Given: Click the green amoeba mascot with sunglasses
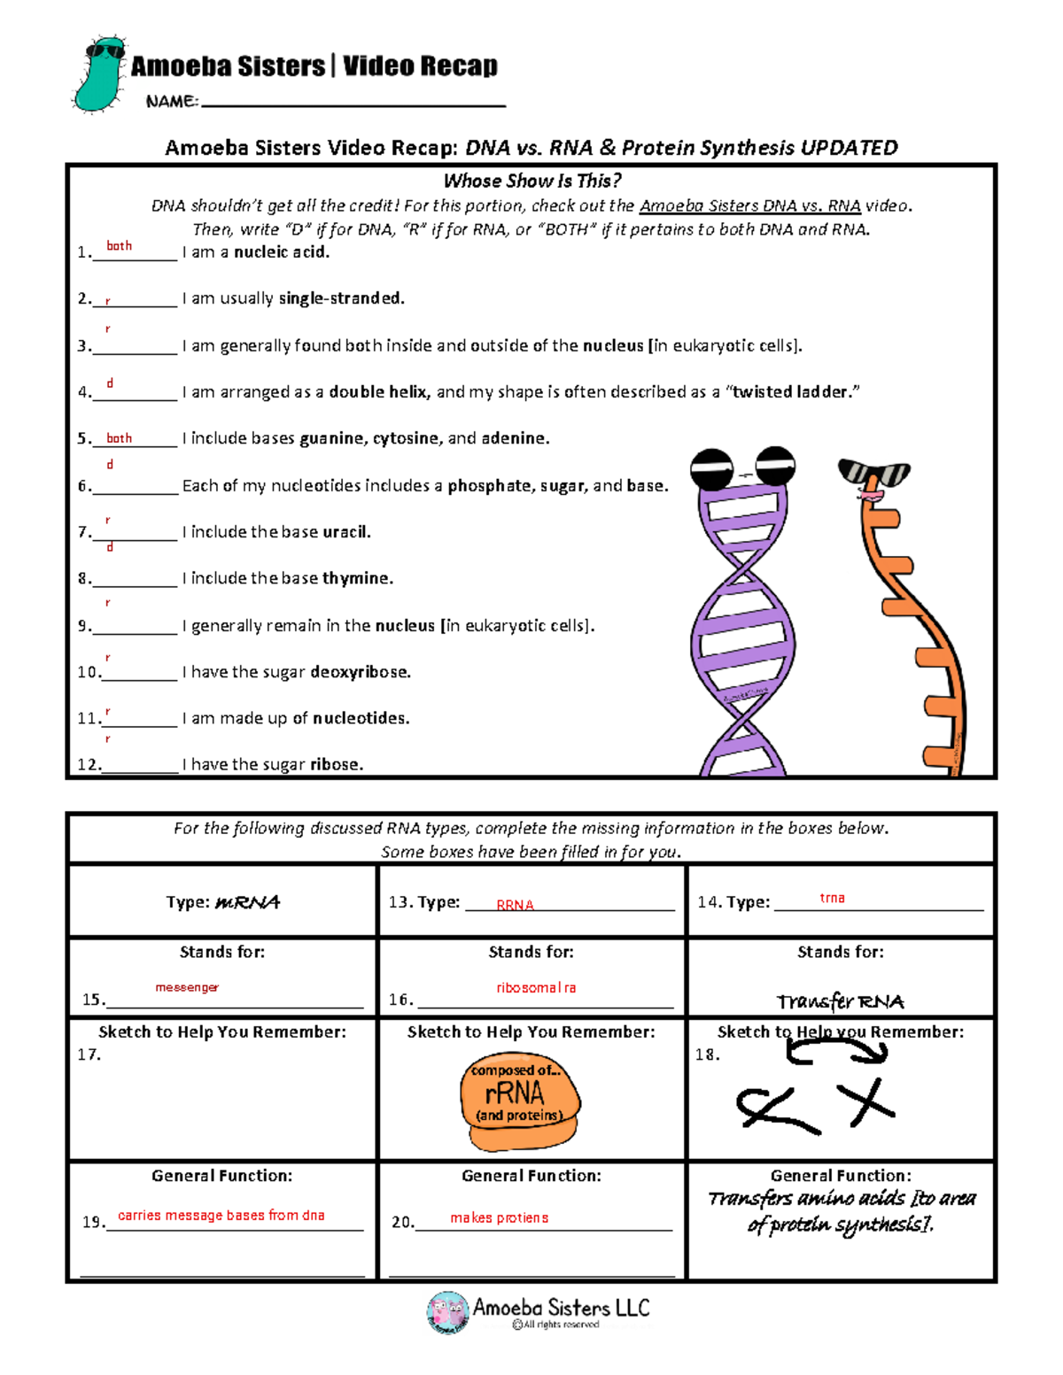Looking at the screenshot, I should tap(99, 74).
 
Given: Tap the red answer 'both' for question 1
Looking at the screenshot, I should tap(119, 245).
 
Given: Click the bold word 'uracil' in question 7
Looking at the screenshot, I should tap(345, 531).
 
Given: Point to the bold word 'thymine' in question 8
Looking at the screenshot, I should tap(357, 578).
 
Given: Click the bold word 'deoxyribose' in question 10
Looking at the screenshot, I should tap(360, 672).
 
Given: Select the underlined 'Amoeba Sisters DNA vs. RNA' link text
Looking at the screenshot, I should tap(749, 205).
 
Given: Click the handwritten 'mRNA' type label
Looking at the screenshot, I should tap(247, 902).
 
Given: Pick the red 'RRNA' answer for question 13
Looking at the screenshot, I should tap(515, 905).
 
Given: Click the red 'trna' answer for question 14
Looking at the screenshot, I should tap(832, 898).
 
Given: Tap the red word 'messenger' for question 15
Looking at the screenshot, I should tap(187, 987).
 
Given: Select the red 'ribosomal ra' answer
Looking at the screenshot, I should tap(536, 987).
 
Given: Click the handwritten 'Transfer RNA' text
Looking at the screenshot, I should tap(840, 1001).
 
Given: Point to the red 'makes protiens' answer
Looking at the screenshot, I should tap(499, 1218).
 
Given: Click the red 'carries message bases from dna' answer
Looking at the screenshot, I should tap(221, 1216).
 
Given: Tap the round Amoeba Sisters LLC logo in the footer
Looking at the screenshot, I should tap(447, 1311).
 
